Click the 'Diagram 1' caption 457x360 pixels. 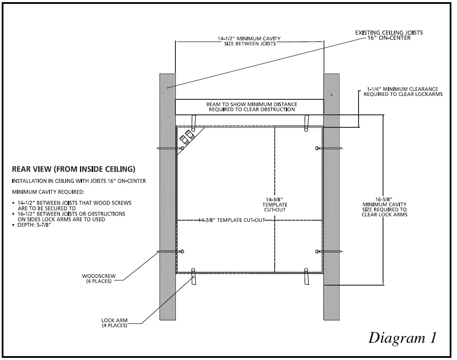click(402, 338)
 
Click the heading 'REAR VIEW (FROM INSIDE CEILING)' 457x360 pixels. click(74, 169)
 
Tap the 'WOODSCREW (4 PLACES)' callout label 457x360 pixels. click(97, 278)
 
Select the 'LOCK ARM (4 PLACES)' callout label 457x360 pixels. click(114, 323)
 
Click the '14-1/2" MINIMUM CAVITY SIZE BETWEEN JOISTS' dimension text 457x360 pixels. click(249, 41)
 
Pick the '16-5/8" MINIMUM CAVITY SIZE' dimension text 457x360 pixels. click(384, 207)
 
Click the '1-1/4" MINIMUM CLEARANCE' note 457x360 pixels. click(403, 92)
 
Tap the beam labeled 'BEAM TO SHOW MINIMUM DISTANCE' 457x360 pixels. click(249, 107)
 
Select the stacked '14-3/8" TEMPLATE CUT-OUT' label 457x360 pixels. click(276, 204)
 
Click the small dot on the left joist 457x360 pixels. click(167, 87)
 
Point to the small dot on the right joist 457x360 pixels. click(331, 94)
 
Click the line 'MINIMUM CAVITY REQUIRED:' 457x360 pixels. click(48, 191)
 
